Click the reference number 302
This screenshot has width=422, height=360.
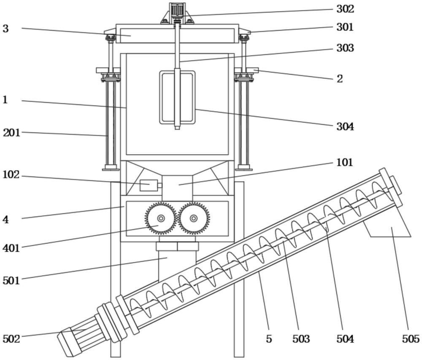tap(345, 9)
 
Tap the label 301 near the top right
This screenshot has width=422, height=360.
tap(345, 27)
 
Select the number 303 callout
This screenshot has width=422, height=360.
tap(345, 48)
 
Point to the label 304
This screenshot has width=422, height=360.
tap(345, 126)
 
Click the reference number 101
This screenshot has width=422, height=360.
tap(345, 162)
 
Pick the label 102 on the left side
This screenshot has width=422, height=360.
tap(11, 175)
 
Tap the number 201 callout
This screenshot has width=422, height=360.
tap(12, 132)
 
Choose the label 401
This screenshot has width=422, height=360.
tap(11, 248)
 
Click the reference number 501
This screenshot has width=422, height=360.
tap(11, 280)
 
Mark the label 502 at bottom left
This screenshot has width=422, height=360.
tap(11, 339)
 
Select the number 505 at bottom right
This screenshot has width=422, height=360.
tap(411, 339)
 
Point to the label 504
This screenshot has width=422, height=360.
tap(345, 339)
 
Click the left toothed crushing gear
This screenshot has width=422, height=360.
tap(161, 218)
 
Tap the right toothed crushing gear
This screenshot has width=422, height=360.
tap(194, 218)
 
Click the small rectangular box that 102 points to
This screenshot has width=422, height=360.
tap(149, 185)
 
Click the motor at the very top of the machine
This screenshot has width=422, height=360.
tap(177, 9)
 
